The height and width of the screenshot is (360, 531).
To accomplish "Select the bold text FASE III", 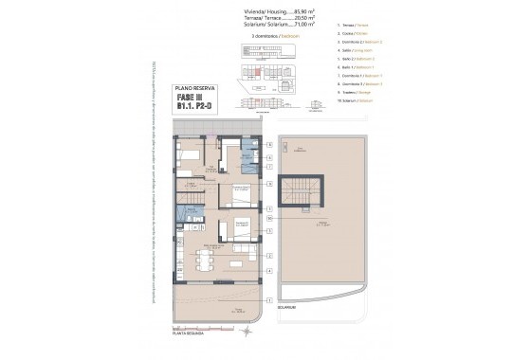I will tap(203, 96).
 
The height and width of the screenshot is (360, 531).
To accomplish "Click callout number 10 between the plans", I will tap(270, 217).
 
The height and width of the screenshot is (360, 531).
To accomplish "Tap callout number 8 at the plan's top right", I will tap(270, 144).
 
